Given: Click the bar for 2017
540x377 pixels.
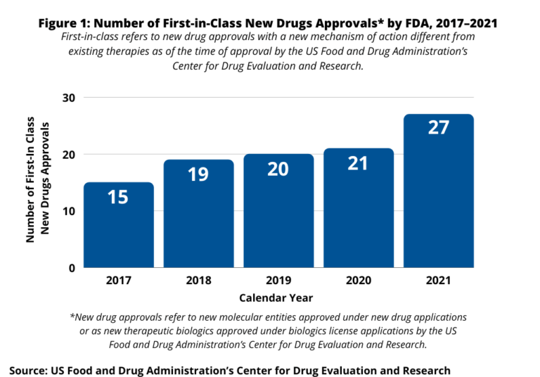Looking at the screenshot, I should tap(119, 225).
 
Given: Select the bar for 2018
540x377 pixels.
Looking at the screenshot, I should tap(198, 214).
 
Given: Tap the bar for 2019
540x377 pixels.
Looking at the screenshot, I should tap(278, 211).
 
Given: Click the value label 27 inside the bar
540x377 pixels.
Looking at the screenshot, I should tap(439, 128).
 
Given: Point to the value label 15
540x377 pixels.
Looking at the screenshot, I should tap(118, 197).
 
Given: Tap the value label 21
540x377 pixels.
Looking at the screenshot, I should tap(359, 163).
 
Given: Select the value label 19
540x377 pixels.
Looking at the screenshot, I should tap(198, 174).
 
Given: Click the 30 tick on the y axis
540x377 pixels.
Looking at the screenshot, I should tap(69, 97).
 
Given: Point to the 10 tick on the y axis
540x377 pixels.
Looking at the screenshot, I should tap(69, 211).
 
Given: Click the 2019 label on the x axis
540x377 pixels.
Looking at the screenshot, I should tap(278, 281).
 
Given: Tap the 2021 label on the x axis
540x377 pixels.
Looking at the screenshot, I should tap(439, 281).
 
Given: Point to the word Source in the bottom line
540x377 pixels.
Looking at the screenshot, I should tap(28, 369).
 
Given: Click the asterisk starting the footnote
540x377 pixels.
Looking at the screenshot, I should tap(72, 317).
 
